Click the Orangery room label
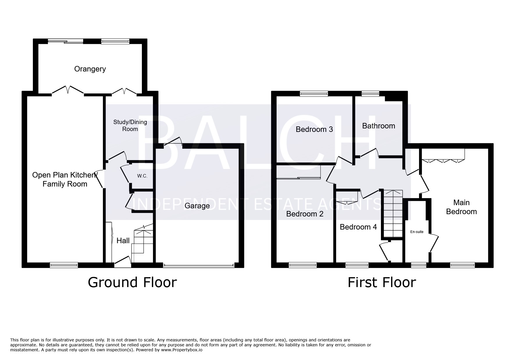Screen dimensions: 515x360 tap(90, 69)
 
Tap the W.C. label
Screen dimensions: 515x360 tap(142, 176)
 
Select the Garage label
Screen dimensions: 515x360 tap(197, 206)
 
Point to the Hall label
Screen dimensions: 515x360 tap(123, 241)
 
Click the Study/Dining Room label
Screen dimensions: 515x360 tap(130, 126)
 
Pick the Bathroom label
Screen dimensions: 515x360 tap(379, 126)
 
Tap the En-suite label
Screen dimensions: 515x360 tap(417, 232)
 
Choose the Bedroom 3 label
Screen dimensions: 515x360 tap(314, 129)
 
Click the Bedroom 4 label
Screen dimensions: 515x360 tap(358, 227)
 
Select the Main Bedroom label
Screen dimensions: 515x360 tap(461, 207)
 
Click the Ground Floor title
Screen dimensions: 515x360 tap(132, 282)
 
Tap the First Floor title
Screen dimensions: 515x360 tap(382, 282)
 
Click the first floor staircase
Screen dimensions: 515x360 tap(393, 214)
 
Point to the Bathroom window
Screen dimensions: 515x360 tap(370, 94)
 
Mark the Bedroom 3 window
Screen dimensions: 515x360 tap(314, 94)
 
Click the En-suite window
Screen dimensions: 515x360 tap(418, 265)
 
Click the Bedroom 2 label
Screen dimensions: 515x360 tap(305, 214)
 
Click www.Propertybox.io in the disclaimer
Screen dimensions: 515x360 tap(182, 350)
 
